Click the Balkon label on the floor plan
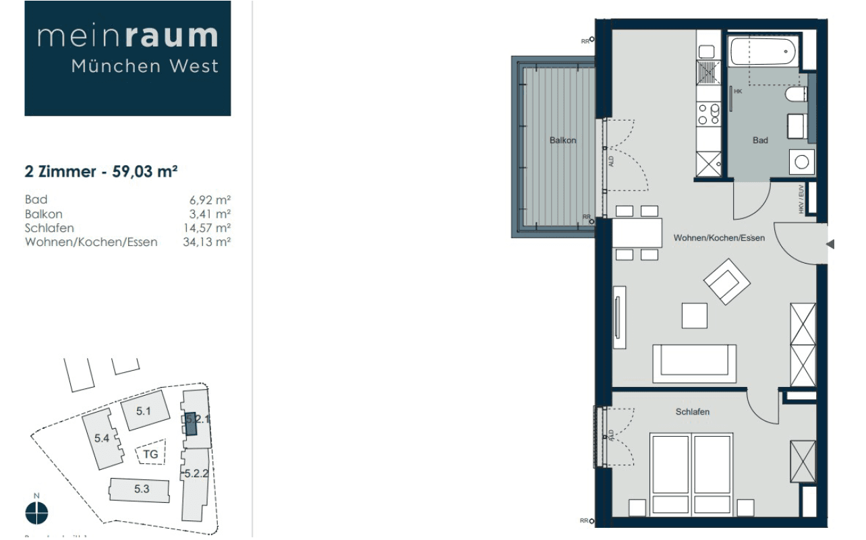562,140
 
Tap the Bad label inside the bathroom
760,140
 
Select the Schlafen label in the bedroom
693,412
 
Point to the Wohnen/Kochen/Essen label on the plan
719,238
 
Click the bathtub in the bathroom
763,52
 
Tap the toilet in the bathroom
797,94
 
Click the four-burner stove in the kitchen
709,113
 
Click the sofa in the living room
694,363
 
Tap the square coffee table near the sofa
694,316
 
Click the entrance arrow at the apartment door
830,244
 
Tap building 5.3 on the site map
142,489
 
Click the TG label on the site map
151,454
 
